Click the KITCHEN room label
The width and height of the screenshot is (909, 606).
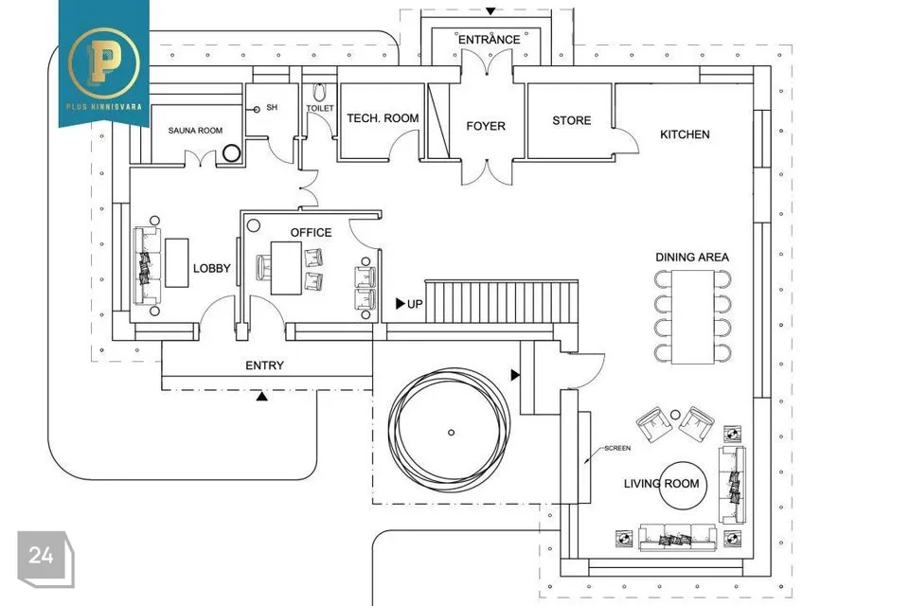[685, 134]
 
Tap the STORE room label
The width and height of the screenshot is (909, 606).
[572, 120]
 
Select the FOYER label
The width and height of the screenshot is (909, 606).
[486, 126]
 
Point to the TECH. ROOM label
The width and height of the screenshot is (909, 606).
[383, 118]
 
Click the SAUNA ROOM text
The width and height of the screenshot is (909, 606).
[195, 131]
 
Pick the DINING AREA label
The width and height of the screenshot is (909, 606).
[692, 257]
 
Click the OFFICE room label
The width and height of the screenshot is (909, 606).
[311, 232]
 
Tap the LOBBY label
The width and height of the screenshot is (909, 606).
[212, 269]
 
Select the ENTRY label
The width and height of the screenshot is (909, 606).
[264, 365]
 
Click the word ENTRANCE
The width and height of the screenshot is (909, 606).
[489, 40]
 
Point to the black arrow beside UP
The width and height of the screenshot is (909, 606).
[401, 304]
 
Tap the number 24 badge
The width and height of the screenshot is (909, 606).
[41, 556]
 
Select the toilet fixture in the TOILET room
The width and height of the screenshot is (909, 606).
[319, 93]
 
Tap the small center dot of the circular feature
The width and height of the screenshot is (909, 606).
[451, 432]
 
